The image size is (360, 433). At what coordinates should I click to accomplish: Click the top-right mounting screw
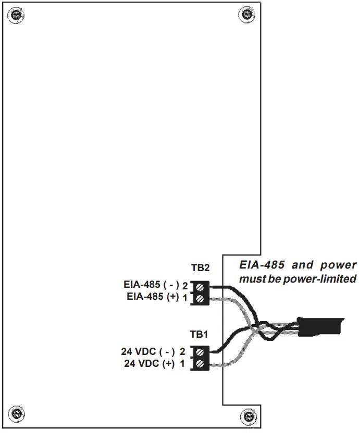click(245, 14)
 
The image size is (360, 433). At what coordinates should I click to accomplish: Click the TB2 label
click(200, 268)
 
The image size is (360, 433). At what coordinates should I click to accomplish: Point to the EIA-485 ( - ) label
click(152, 285)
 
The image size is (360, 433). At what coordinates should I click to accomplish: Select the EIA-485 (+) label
click(153, 297)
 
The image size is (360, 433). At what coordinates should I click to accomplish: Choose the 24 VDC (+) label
click(150, 364)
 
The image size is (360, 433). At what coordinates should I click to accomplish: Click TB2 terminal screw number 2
click(200, 286)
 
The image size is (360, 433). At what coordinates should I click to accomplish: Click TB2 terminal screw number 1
click(200, 298)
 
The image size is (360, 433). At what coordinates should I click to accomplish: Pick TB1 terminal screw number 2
click(200, 352)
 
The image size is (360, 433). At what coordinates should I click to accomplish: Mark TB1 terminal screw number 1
click(200, 364)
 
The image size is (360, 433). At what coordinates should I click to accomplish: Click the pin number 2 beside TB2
click(184, 286)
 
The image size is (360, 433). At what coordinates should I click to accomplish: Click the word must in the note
click(250, 279)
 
